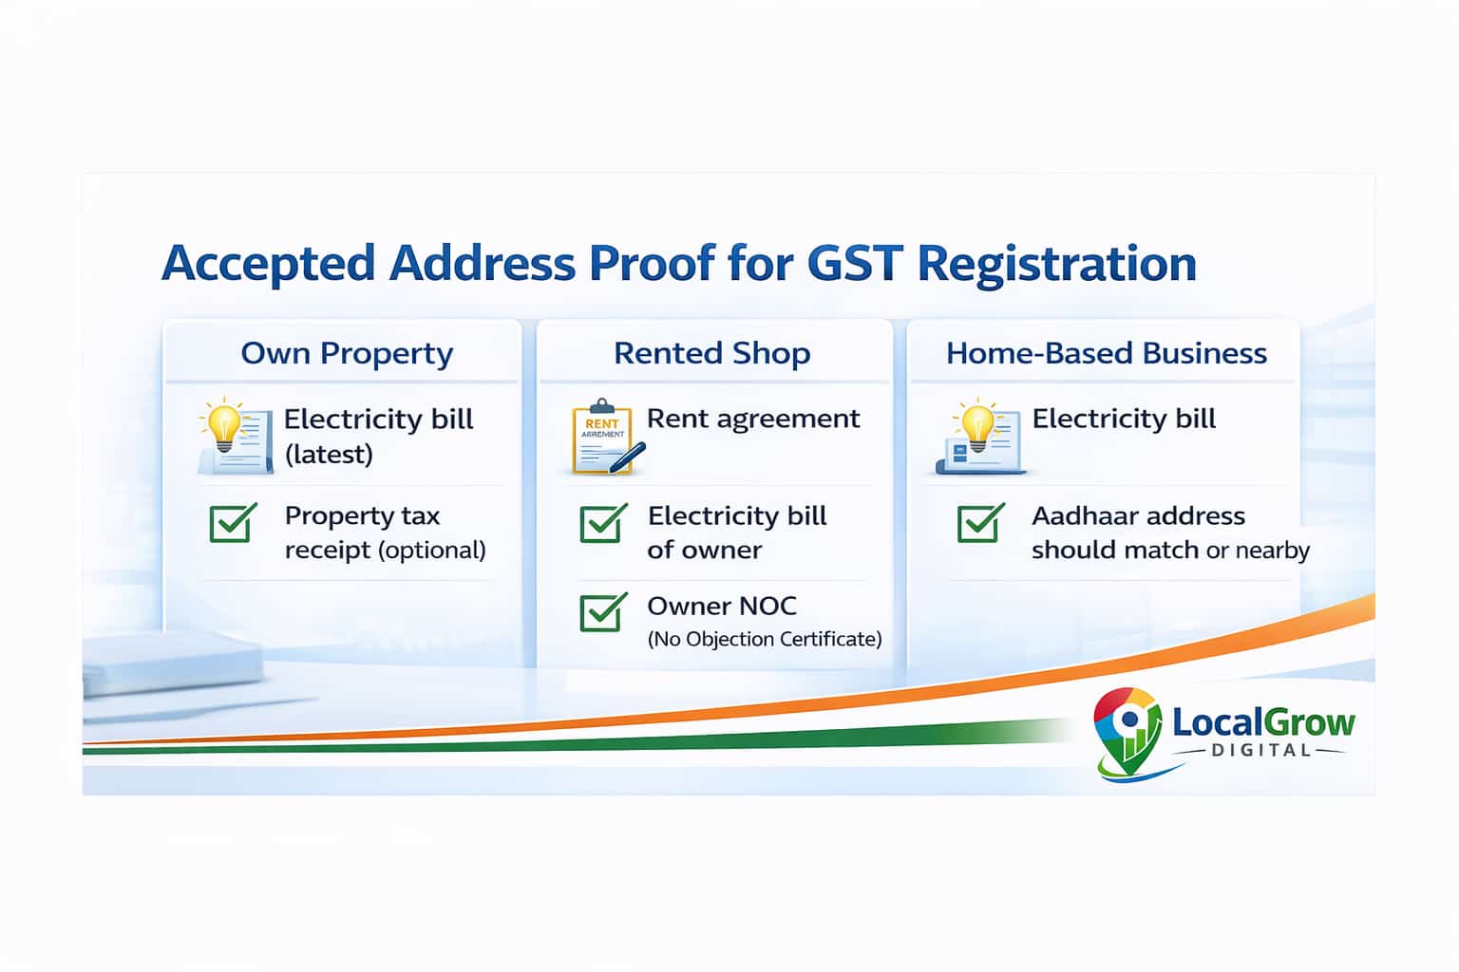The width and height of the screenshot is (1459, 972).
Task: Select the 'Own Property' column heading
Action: (347, 353)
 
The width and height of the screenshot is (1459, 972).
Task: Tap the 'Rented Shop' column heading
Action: (711, 353)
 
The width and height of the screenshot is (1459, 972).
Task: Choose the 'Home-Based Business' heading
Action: (1106, 353)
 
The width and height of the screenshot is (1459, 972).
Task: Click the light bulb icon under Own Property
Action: (226, 430)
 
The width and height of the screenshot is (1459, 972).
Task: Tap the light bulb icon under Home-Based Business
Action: (977, 429)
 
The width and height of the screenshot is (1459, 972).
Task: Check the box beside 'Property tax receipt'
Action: (233, 522)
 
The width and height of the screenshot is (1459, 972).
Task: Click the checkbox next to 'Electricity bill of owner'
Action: (603, 523)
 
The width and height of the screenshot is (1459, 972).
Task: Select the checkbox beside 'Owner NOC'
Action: (603, 612)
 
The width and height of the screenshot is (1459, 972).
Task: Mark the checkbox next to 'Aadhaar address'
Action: (981, 522)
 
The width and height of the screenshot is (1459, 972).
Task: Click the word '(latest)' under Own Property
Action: (329, 455)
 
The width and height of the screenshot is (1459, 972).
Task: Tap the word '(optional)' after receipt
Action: (432, 551)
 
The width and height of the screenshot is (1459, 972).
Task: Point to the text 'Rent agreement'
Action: (752, 419)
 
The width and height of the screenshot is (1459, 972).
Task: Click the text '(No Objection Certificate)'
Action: (764, 640)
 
